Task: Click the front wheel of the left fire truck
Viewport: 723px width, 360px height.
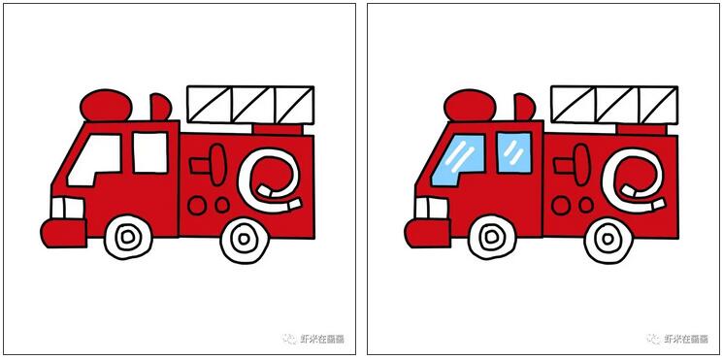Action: [x=128, y=236]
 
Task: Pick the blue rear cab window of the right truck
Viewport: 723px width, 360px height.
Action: [x=514, y=150]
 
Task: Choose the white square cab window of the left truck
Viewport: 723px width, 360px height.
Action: [x=150, y=150]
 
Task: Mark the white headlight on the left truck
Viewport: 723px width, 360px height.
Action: [x=64, y=207]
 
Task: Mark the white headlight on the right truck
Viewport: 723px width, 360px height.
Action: [x=428, y=207]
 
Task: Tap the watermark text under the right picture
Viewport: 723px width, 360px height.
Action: [x=678, y=339]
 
